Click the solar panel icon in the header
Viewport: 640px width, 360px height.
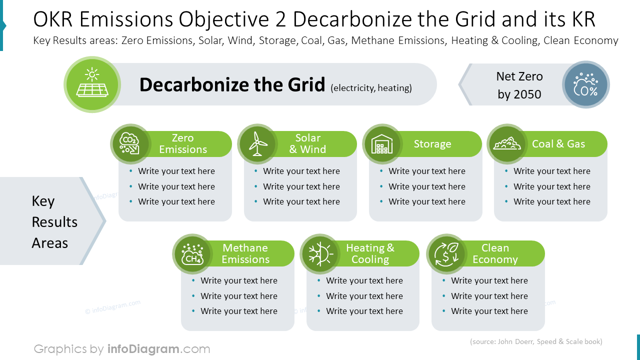click(92, 84)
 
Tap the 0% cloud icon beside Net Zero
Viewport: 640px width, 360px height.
click(585, 84)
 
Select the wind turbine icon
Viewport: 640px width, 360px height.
click(257, 144)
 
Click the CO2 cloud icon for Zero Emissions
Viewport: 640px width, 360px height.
click(129, 144)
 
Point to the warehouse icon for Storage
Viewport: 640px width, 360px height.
click(382, 144)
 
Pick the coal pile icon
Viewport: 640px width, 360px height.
click(506, 144)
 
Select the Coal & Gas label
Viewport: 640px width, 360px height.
click(558, 144)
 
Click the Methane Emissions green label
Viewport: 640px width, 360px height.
click(245, 253)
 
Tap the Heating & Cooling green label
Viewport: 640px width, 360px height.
click(370, 253)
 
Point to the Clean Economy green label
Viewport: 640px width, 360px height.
click(495, 253)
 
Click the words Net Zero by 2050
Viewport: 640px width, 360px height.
click(519, 85)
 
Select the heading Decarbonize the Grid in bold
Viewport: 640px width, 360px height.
click(232, 85)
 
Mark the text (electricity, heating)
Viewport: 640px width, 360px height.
click(371, 88)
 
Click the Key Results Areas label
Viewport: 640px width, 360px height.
click(54, 222)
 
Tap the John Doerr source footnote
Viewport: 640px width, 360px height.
click(536, 342)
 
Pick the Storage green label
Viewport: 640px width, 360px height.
click(432, 144)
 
